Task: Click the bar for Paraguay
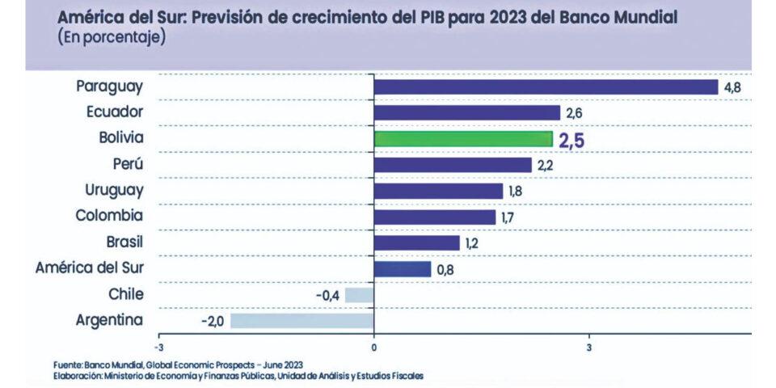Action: [546, 86]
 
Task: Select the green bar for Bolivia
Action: [463, 139]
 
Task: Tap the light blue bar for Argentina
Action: [302, 320]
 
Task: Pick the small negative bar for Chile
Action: [359, 294]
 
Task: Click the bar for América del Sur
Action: [402, 268]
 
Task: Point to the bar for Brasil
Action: [416, 242]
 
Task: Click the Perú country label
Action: [128, 164]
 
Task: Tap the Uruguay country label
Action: [114, 190]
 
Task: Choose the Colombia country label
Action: [109, 216]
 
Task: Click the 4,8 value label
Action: [733, 87]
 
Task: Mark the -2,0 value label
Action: [213, 321]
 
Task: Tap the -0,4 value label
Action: [327, 295]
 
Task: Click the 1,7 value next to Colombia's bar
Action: [509, 217]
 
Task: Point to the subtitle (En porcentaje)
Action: [112, 38]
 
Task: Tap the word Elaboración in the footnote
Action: [80, 375]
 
